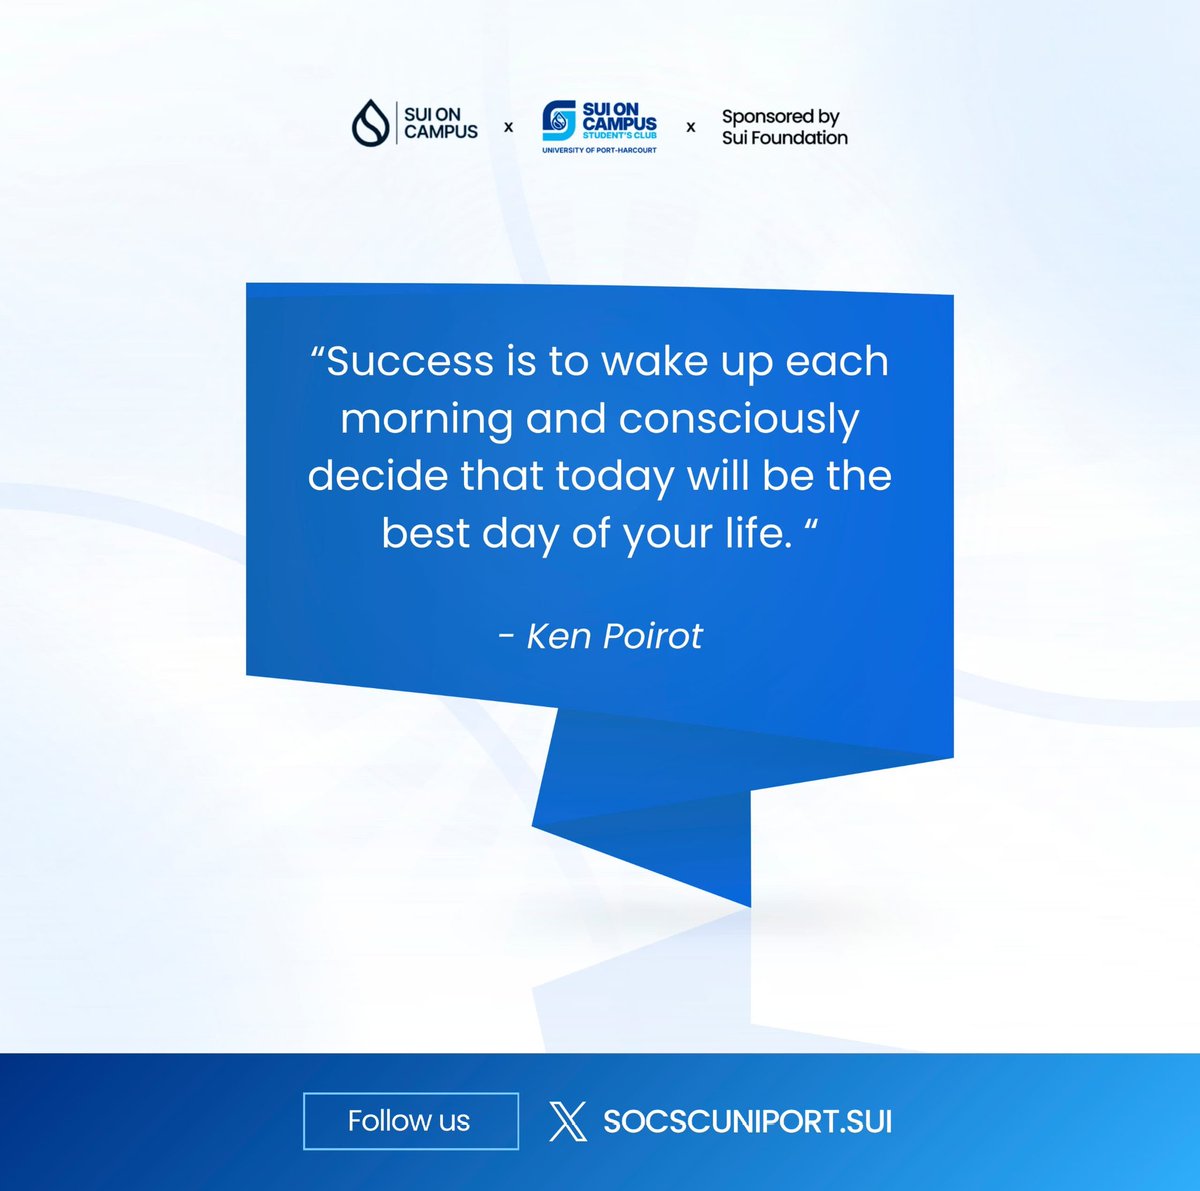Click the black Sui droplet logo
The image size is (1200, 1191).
click(371, 123)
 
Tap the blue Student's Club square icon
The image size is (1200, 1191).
click(559, 121)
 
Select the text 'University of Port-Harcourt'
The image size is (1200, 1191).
click(599, 150)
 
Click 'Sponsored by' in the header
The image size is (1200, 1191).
click(780, 117)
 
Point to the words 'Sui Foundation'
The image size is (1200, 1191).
click(784, 138)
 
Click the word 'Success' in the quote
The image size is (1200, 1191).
click(410, 361)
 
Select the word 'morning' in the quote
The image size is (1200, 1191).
click(426, 418)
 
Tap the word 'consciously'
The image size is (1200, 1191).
click(739, 418)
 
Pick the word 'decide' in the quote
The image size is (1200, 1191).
click(377, 475)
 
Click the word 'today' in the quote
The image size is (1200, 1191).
click(615, 475)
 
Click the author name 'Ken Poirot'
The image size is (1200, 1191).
click(614, 636)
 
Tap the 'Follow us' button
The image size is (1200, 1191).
click(410, 1121)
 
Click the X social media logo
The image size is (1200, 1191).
click(568, 1121)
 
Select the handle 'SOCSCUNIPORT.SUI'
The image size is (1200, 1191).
click(747, 1121)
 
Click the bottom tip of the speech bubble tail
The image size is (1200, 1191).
click(749, 905)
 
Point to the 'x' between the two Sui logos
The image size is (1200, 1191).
click(508, 127)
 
